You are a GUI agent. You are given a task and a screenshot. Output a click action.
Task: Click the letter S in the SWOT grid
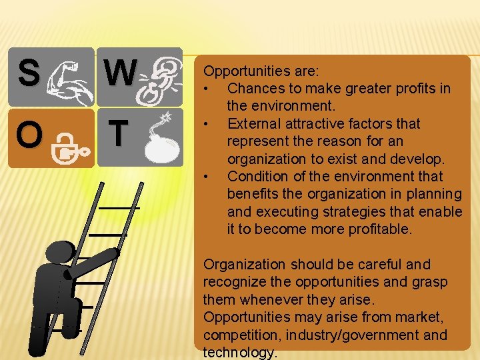pos(29,73)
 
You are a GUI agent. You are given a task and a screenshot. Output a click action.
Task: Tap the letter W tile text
pos(121,73)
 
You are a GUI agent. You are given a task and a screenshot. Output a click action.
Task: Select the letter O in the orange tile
pos(29,135)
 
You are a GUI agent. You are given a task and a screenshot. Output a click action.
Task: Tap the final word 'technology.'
pos(239,353)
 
